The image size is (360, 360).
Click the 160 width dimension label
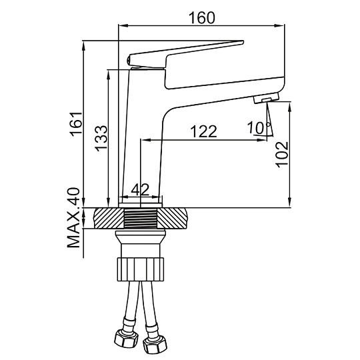coord(202,18)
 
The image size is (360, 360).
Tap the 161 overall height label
coord(76,124)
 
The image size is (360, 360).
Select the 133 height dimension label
coord(101,139)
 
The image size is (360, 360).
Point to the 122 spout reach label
coord(203,131)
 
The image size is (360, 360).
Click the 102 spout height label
coord(282,155)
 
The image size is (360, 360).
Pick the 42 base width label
coord(140,189)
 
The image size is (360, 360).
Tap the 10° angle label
coord(259,127)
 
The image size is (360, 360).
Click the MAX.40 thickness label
coord(73,217)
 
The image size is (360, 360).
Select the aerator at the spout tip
coord(266,98)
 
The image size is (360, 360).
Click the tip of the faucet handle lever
coord(242,42)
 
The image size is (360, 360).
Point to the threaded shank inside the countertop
coord(140,219)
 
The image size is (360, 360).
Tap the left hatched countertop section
coord(109,218)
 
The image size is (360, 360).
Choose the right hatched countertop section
coord(173,218)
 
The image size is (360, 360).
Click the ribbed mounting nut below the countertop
coord(141,269)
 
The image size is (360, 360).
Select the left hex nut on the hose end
coord(126,339)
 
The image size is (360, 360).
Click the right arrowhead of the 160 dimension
coord(279,25)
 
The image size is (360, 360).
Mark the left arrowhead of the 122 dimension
coord(145,139)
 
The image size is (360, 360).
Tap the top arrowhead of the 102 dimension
coord(290,106)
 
